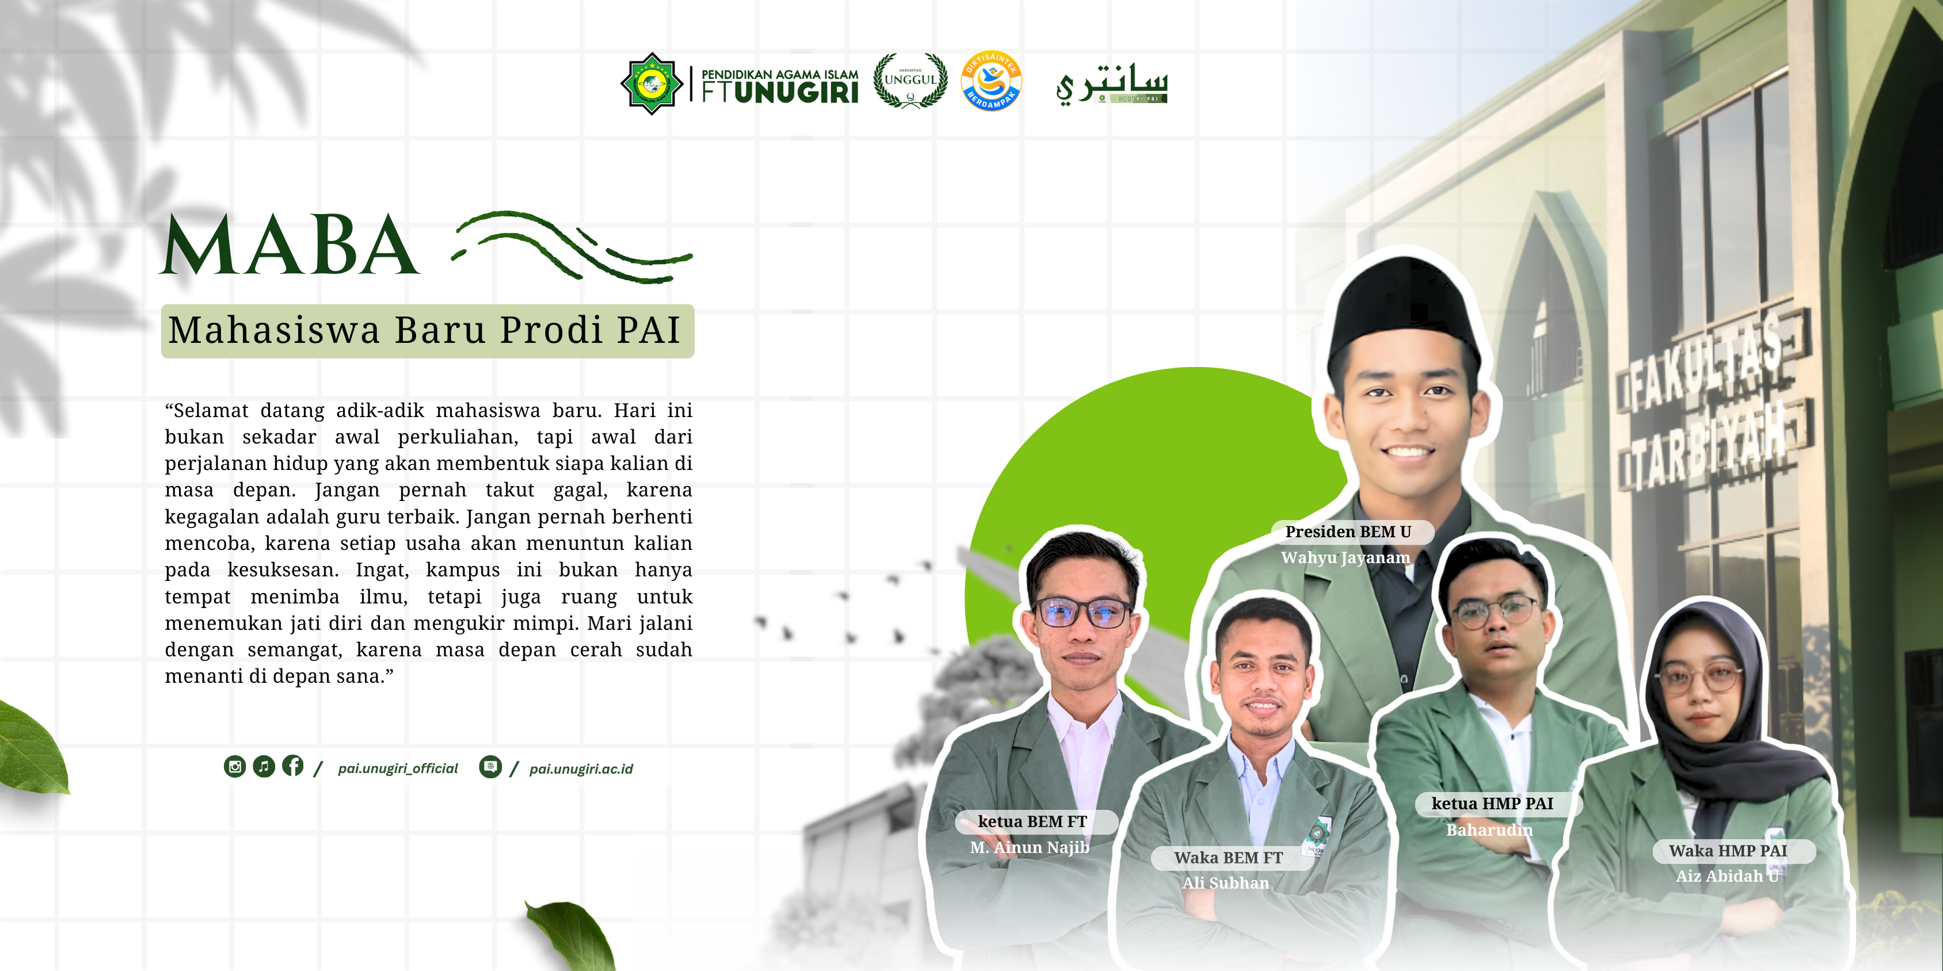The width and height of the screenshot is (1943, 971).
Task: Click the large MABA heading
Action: point(290,244)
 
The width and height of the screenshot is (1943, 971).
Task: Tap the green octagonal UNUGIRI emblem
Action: point(652,83)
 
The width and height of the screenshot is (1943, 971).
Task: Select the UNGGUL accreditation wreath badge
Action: point(910,81)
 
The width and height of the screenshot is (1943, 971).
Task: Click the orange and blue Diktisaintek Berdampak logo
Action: point(991,81)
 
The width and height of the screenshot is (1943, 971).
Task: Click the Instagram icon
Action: point(234,767)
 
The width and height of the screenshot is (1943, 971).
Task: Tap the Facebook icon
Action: point(292,766)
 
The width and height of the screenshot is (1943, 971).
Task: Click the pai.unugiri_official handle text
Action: point(397,768)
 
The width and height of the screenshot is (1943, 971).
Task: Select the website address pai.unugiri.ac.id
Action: point(581,769)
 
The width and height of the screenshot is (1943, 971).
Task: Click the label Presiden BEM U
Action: point(1348,532)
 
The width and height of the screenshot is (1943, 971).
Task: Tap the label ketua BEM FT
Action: point(1033,822)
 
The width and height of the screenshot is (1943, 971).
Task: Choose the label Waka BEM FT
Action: point(1229,858)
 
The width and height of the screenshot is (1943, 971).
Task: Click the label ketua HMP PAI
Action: point(1493,804)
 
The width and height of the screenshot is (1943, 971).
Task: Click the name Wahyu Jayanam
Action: point(1345,558)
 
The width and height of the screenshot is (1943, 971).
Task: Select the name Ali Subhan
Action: point(1226,883)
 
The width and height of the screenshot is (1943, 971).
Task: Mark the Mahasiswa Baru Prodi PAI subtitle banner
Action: point(428,331)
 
